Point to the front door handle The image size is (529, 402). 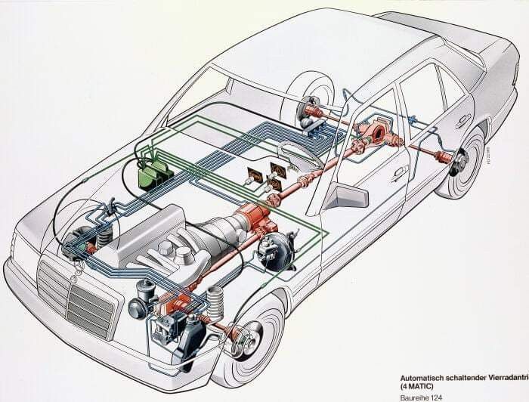coord(398,173)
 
